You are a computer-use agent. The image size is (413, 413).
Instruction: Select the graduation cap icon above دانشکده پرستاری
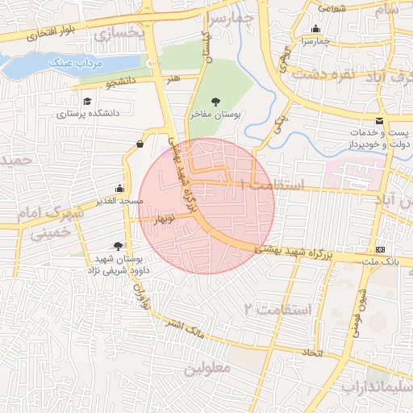87,102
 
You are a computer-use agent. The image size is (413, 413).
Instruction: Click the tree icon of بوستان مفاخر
215,102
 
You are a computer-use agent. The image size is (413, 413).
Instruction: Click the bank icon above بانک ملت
380,249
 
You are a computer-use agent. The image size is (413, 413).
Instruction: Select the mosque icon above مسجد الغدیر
120,187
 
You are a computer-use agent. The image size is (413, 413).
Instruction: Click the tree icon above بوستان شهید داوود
119,246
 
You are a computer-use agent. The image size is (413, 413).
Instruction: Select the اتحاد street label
312,353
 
